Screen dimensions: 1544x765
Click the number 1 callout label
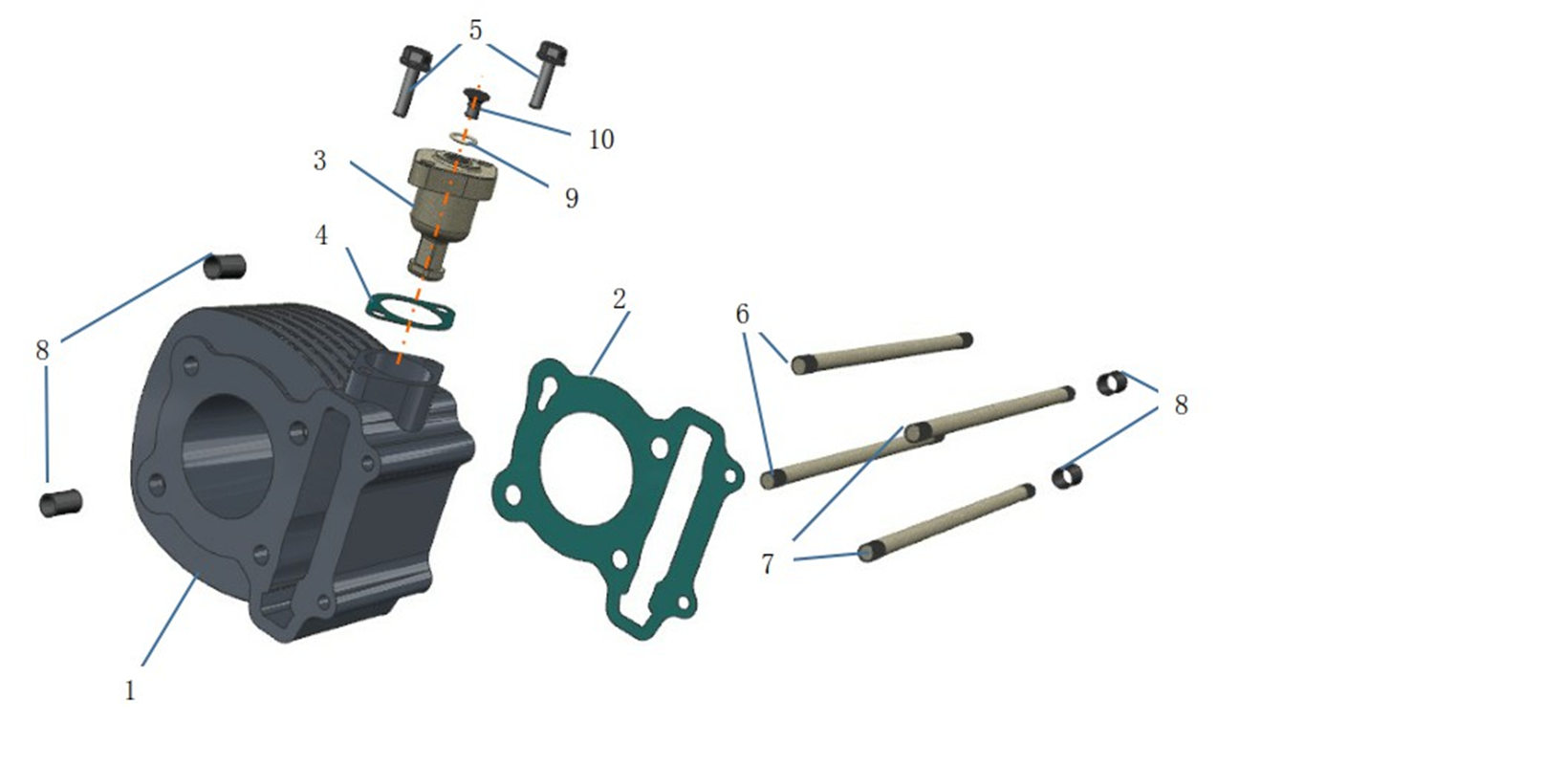130,690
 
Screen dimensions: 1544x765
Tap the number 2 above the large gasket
619,299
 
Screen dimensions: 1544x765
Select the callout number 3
319,161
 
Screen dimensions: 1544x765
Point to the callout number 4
321,235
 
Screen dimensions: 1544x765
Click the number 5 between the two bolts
475,31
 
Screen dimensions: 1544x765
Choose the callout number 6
742,315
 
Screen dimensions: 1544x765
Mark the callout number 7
768,564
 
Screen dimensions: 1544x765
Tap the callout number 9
572,199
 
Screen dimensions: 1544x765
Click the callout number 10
601,140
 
